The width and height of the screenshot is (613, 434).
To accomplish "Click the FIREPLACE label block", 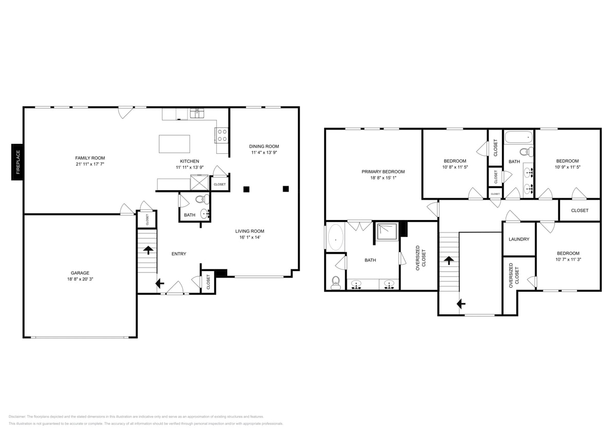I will (x=17, y=162).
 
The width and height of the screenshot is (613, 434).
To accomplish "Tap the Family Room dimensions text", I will (x=90, y=165).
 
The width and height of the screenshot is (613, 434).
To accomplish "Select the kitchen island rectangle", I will (x=174, y=143).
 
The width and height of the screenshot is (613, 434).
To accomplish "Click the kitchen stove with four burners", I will (x=222, y=135).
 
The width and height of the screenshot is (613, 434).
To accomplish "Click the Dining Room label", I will (x=264, y=146).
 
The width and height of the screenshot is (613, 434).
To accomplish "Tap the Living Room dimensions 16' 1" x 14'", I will (x=250, y=238).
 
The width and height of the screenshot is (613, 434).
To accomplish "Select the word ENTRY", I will (x=179, y=254).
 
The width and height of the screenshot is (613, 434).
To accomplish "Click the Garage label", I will (x=80, y=273).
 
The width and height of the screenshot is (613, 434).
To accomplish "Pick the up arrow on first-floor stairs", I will (x=149, y=250).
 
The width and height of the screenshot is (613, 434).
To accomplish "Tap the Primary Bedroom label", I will (x=383, y=172).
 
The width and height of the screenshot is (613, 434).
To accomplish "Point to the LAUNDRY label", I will (x=519, y=239).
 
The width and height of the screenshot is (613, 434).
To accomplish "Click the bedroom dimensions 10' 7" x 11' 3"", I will (x=568, y=260).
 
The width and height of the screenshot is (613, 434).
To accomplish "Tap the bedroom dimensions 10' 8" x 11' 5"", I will (x=455, y=167).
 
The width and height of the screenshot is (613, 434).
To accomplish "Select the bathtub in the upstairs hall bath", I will (x=519, y=137).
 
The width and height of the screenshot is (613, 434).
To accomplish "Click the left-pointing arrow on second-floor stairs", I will (x=461, y=304).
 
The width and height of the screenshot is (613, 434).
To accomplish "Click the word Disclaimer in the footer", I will (x=17, y=417).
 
